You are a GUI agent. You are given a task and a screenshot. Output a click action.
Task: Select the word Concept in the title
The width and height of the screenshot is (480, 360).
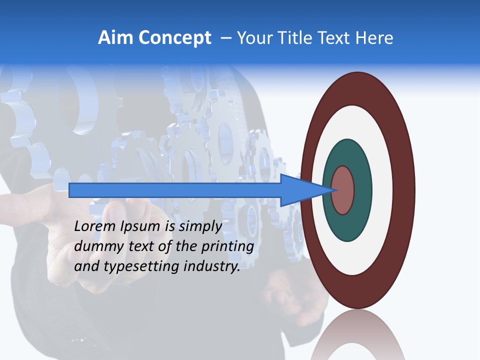[174, 38]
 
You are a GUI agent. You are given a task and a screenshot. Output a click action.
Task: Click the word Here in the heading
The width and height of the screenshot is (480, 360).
[375, 38]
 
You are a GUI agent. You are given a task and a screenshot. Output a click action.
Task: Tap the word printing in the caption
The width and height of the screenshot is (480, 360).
[228, 246]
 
